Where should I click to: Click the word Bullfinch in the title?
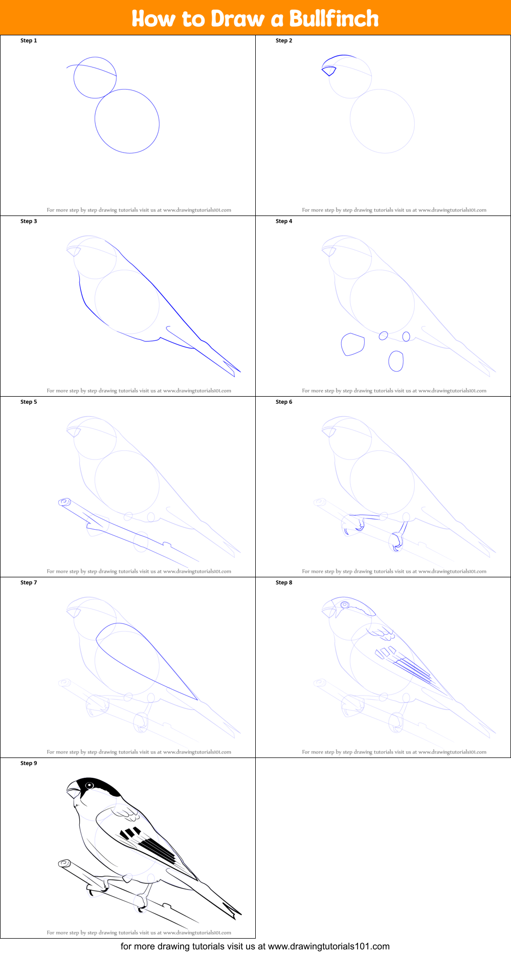[334, 19]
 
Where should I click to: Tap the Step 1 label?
[29, 40]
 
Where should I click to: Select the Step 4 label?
[284, 221]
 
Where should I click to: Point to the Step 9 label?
[29, 763]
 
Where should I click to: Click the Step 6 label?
[284, 402]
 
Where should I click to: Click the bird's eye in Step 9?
[90, 785]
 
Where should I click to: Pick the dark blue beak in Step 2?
[328, 70]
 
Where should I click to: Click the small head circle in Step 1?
[95, 78]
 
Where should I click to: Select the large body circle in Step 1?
[127, 121]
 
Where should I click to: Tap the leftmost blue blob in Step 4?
[352, 344]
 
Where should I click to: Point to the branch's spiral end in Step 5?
[65, 502]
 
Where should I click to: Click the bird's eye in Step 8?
[345, 604]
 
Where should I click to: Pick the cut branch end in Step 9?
[64, 863]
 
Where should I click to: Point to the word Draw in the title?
[238, 19]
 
